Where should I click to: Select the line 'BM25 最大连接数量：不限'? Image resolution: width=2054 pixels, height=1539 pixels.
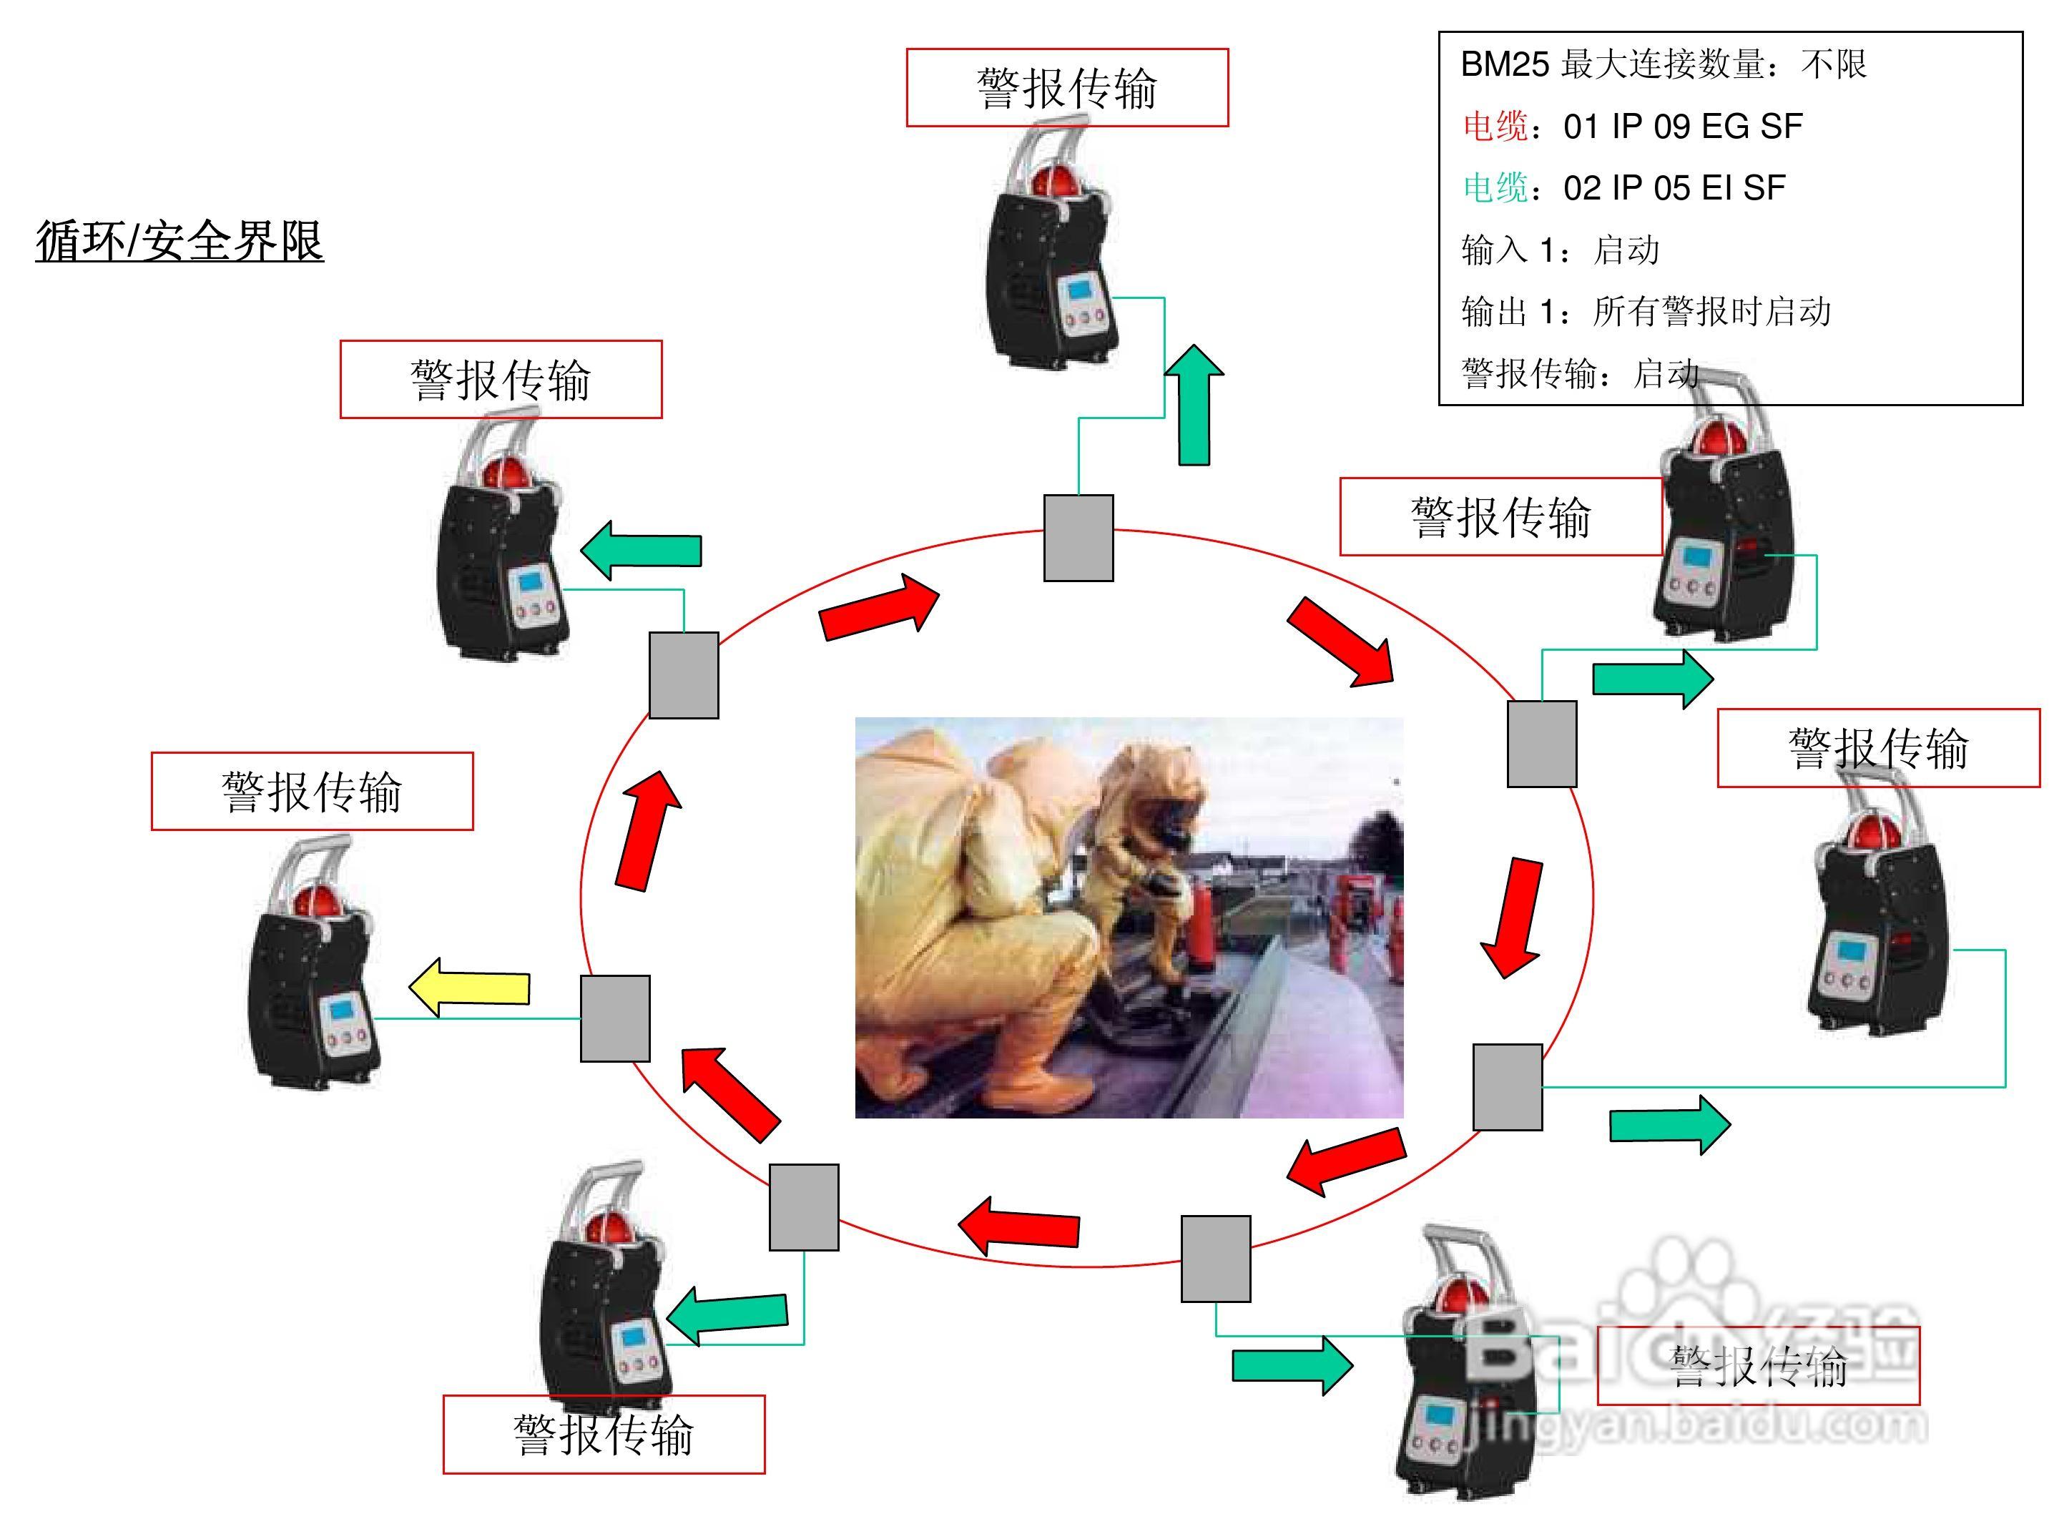click(x=1663, y=64)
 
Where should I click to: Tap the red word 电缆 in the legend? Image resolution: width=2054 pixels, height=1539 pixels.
click(x=1495, y=127)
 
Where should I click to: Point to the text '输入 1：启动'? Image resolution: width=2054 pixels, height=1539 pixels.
click(x=1560, y=250)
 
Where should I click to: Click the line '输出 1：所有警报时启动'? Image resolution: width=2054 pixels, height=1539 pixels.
click(x=1646, y=312)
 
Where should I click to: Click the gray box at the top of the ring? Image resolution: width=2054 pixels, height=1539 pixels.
click(x=1078, y=538)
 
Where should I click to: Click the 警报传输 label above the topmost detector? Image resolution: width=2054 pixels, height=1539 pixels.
click(x=1067, y=88)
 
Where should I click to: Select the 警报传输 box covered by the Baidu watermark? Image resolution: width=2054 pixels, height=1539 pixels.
click(x=1758, y=1366)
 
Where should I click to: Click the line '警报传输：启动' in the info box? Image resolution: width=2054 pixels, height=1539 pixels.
click(x=1578, y=373)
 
